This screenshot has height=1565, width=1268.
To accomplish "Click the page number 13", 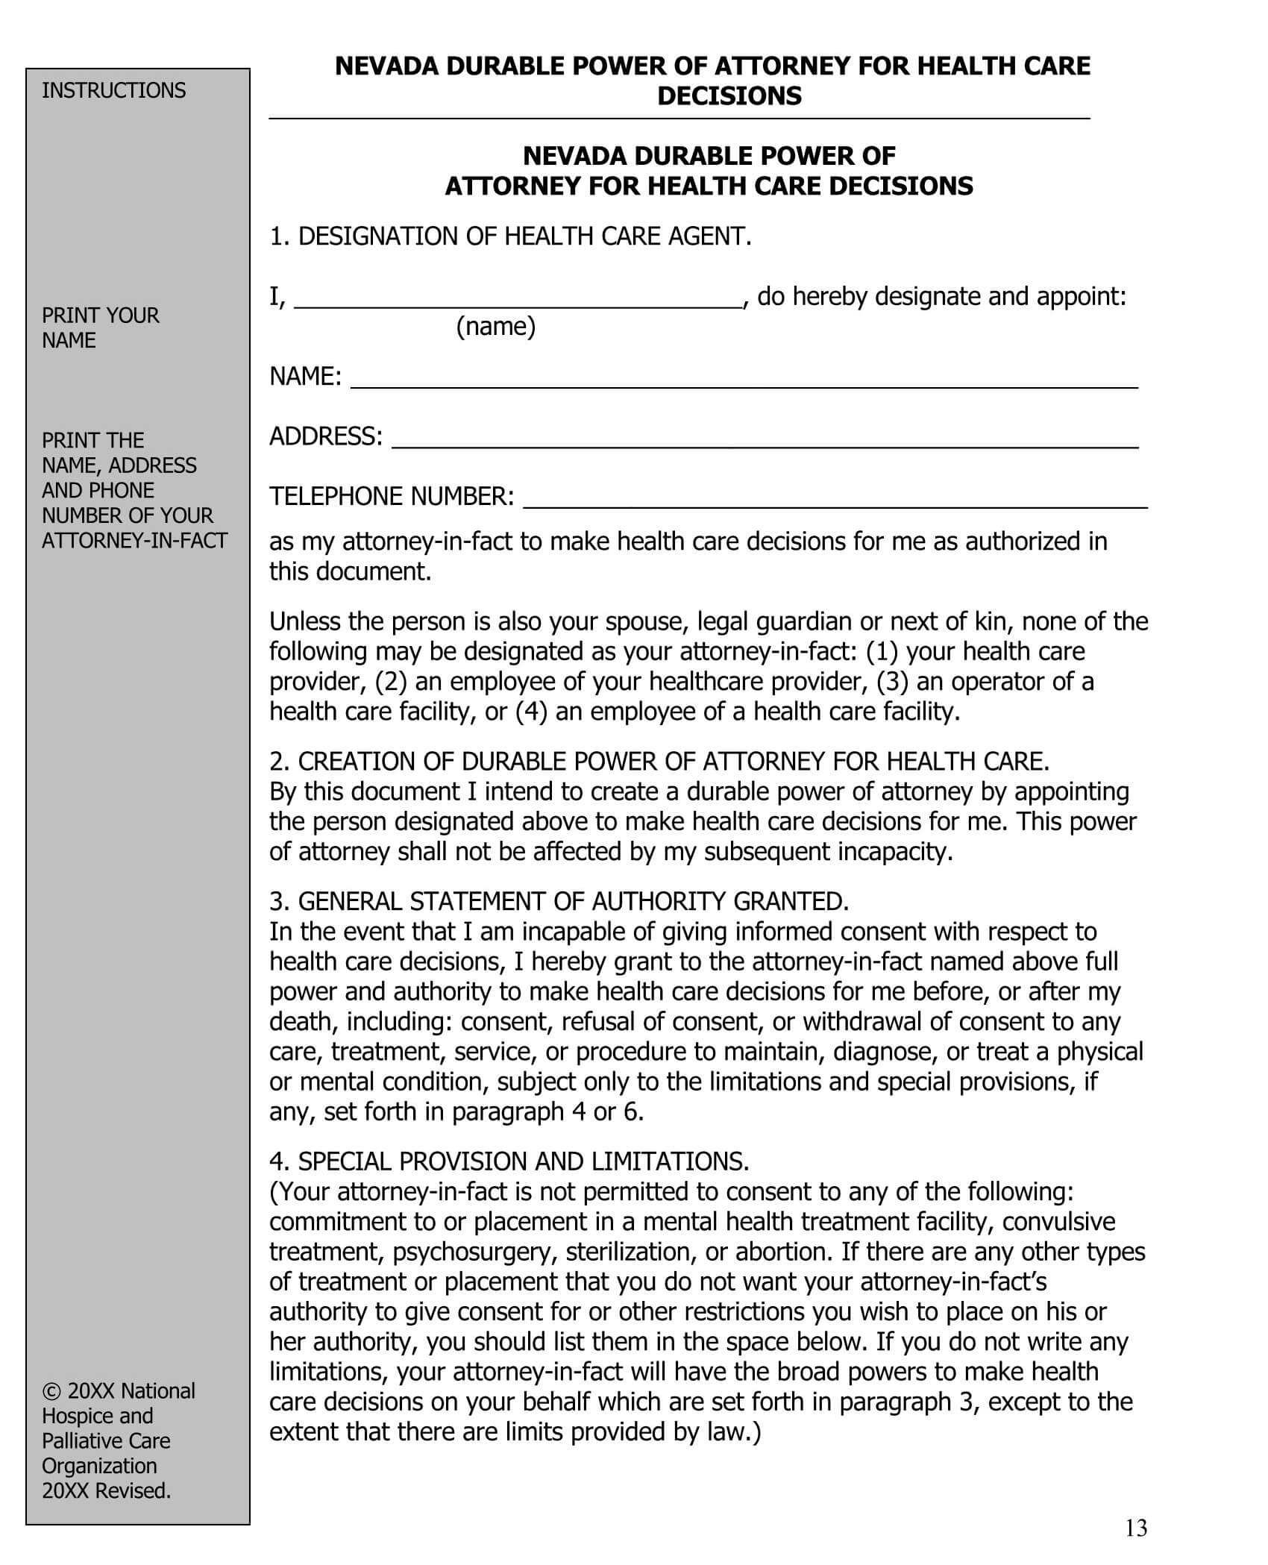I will click(1136, 1528).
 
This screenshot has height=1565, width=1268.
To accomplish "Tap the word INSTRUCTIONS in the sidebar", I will click(113, 90).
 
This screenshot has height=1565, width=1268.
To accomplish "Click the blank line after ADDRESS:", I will click(765, 440).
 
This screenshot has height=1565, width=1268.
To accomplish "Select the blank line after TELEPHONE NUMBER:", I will click(835, 500).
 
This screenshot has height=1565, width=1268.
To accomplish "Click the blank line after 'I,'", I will click(518, 300).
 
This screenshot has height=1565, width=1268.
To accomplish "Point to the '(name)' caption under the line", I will click(495, 327).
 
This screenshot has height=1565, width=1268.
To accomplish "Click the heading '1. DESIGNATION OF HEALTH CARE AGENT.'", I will click(510, 236).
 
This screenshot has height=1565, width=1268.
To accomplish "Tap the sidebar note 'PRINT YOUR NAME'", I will click(100, 327).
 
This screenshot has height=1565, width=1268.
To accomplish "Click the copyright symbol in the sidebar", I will click(51, 1391).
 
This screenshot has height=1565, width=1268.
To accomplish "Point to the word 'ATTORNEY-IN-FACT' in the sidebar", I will click(134, 540).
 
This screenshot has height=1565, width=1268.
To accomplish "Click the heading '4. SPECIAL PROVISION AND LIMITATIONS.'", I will click(509, 1161).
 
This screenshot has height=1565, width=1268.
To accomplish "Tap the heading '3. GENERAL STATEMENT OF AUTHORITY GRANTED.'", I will click(559, 902).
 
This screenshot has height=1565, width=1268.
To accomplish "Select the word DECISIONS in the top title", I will click(729, 96).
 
